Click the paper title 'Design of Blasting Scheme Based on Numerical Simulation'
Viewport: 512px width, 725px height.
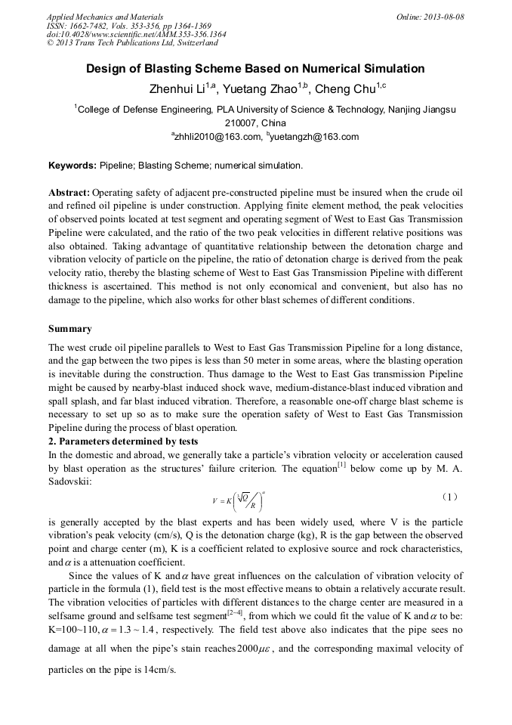coord(255,69)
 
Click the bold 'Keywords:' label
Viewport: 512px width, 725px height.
coord(72,165)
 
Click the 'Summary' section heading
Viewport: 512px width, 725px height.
coord(70,329)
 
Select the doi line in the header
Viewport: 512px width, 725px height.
coord(136,34)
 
